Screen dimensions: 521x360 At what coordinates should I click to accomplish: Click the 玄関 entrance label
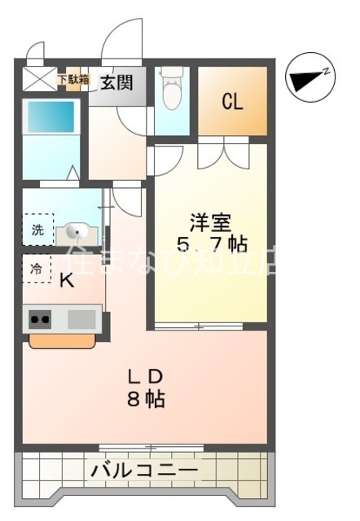[118, 81]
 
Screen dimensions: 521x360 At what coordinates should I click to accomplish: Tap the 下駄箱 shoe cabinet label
[72, 80]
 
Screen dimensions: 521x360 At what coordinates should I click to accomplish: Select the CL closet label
[233, 102]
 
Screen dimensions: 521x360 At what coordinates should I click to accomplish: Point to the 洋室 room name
[211, 221]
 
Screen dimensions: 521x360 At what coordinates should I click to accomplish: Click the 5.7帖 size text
[211, 243]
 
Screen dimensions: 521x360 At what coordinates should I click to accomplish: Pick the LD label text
[147, 376]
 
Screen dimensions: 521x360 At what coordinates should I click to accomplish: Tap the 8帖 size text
[147, 399]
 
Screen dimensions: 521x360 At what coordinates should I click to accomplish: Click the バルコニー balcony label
[144, 471]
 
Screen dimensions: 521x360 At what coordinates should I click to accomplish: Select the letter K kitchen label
[68, 279]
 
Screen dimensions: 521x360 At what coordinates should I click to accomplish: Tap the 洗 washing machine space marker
[37, 230]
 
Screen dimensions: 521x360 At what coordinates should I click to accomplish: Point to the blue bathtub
[50, 117]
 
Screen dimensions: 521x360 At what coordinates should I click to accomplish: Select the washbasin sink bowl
[77, 232]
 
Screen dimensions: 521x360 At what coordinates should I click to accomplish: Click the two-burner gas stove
[40, 319]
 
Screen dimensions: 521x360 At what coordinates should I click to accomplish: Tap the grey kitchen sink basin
[81, 318]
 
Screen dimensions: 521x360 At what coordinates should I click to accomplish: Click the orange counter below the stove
[62, 341]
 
